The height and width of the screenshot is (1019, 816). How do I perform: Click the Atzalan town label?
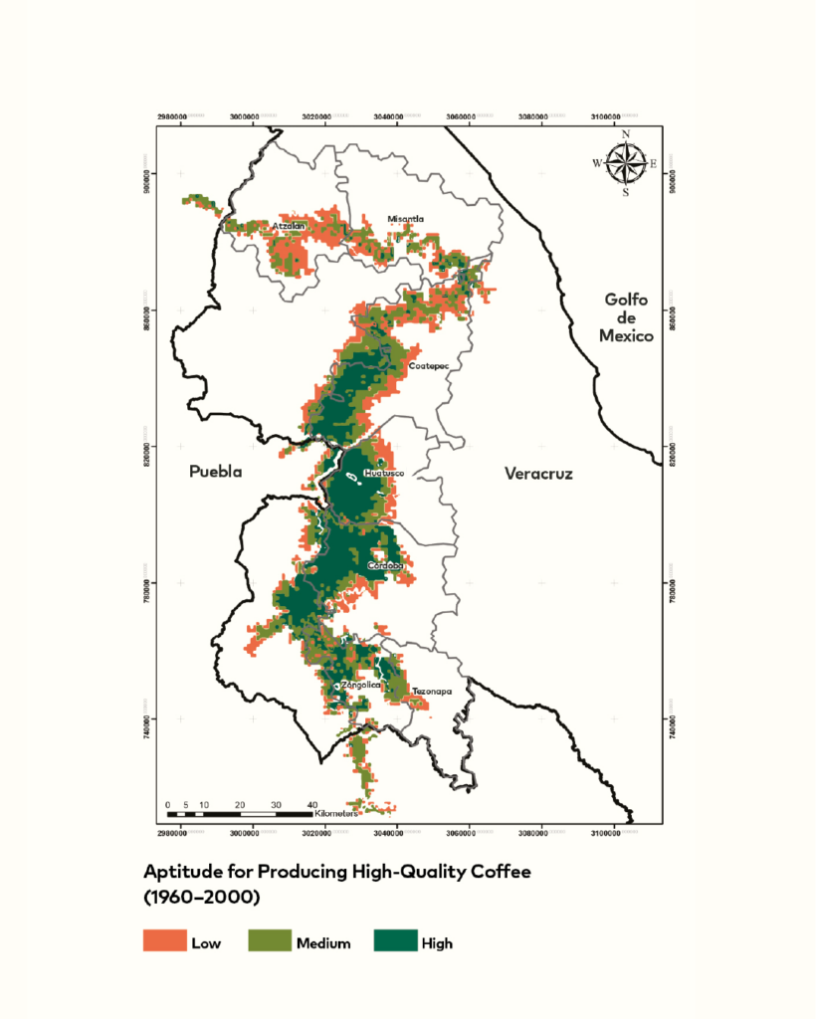tap(289, 227)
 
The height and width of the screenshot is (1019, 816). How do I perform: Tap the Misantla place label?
tap(406, 218)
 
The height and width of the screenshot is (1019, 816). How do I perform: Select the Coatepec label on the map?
tap(430, 366)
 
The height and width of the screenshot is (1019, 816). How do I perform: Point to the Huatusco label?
tap(384, 473)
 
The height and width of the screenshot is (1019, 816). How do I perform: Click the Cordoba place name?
tap(386, 565)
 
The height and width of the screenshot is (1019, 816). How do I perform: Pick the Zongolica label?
tap(360, 686)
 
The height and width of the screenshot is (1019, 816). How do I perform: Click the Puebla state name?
tap(216, 473)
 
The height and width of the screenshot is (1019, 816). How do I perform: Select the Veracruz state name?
tap(538, 474)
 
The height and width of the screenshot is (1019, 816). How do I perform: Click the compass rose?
tap(625, 163)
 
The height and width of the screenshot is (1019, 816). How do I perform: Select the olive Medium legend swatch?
tap(269, 940)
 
